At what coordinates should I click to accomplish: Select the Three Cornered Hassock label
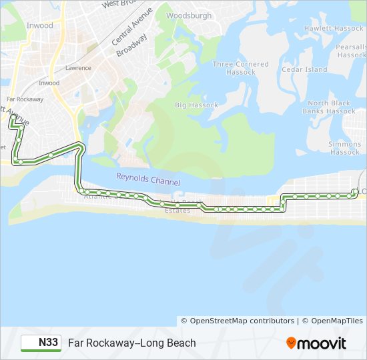240,68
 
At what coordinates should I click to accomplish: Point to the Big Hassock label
196,105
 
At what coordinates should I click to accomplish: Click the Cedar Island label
304,69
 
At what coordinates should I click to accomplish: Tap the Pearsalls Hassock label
351,51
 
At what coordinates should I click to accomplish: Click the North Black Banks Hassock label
330,107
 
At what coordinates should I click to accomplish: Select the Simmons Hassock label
344,148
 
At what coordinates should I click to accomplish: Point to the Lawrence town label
78,68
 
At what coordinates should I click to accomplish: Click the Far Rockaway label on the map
27,99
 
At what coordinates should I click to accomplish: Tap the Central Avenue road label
132,25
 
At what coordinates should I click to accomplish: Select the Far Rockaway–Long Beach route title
132,343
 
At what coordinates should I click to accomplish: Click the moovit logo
316,343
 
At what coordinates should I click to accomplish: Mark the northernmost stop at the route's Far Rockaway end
13,117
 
